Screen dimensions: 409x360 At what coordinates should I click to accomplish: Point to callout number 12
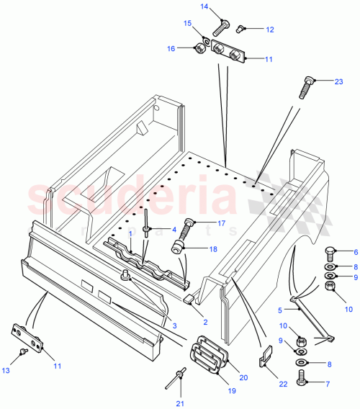pyautogui.click(x=269, y=30)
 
